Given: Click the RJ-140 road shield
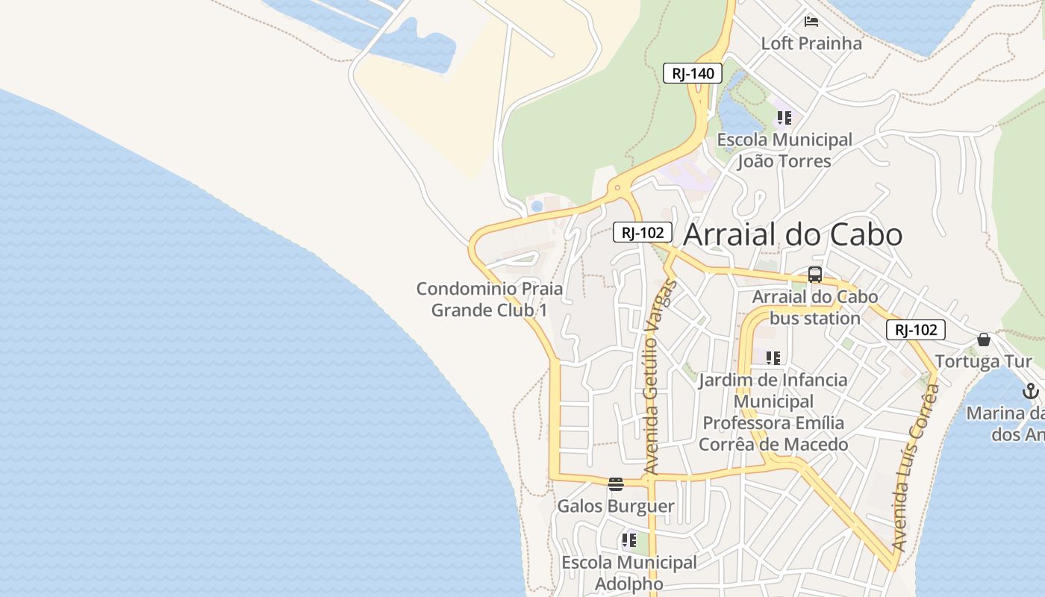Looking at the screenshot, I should click(693, 73).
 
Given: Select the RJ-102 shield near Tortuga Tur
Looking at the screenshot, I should click(916, 330).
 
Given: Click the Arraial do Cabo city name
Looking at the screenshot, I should click(793, 234).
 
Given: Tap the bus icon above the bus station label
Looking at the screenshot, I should click(815, 275).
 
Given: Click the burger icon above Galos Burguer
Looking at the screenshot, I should click(615, 484).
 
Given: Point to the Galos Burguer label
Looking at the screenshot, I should click(616, 506).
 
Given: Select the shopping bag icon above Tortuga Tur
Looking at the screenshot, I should click(984, 340).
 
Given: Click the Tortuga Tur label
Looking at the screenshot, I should click(983, 362).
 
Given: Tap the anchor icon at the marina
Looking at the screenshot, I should click(1030, 391).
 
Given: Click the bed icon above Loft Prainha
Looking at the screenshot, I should click(811, 21).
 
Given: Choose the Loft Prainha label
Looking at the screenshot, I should click(811, 43).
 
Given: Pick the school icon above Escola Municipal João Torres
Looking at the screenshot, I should click(784, 117).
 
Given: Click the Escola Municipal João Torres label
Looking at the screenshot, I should click(784, 150).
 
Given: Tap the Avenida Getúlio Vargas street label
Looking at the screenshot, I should click(651, 377).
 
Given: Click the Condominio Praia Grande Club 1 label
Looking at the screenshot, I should click(490, 299).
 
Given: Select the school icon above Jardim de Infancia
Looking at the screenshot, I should click(773, 358).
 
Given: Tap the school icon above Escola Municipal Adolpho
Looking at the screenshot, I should click(629, 540).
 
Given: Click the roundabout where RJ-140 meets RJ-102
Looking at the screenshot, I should click(617, 188).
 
